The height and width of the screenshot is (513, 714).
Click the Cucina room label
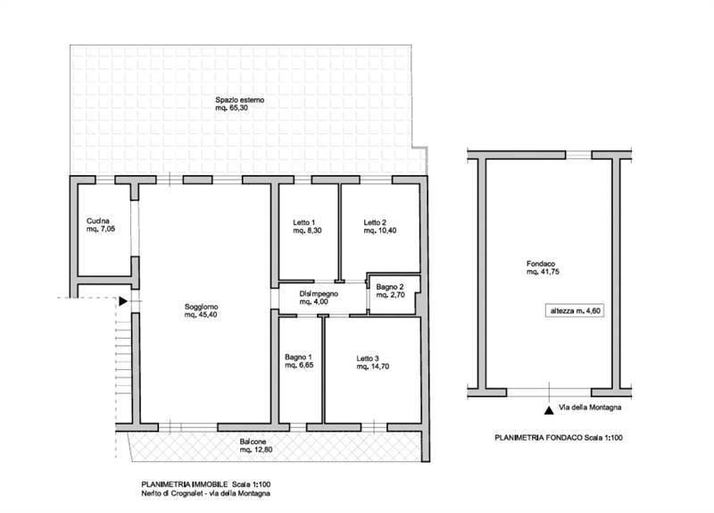98,221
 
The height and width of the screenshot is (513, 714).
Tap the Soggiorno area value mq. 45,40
200,315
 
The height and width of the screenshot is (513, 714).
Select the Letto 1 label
303,223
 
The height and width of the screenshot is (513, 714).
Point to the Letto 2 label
375,223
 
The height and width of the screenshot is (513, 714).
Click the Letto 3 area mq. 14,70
373,366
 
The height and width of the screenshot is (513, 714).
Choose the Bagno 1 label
298,357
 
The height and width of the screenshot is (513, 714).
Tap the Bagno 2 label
390,287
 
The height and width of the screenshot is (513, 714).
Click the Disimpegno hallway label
319,294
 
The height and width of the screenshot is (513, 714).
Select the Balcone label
253,442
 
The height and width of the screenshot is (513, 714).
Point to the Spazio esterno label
239,100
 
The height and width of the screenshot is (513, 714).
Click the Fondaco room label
541,264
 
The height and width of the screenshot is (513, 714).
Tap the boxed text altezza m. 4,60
575,311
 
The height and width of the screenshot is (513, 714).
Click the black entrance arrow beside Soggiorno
123,301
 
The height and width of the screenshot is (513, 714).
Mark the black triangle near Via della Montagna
549,410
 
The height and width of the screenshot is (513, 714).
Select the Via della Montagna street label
590,408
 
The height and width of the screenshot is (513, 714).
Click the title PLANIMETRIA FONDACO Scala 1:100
559,438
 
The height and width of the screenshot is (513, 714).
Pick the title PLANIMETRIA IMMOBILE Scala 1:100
206,484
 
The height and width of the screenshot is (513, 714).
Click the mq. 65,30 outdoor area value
232,108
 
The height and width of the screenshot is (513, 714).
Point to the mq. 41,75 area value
543,272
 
